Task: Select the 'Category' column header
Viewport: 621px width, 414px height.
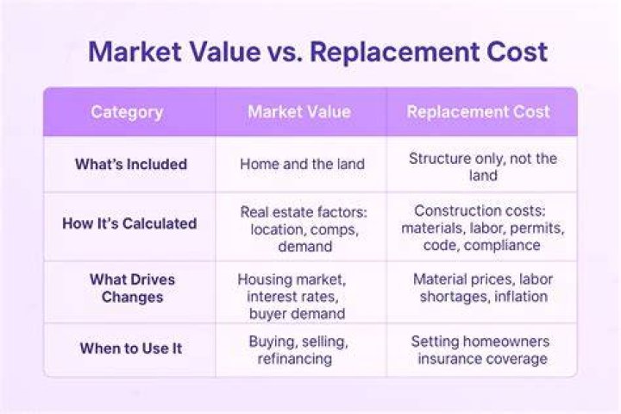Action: point(127,112)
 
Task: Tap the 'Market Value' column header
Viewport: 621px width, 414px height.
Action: point(299,112)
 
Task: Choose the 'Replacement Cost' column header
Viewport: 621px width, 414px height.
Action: point(479,112)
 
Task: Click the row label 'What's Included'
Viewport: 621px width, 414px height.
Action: point(131,164)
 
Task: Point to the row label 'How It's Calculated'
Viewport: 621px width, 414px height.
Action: point(129,223)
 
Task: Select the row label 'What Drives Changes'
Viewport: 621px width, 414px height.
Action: point(132,288)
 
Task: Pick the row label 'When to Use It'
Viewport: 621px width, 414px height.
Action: point(131,348)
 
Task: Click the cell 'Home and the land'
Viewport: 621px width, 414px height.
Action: point(302,164)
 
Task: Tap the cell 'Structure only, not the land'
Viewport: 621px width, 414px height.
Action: point(483,166)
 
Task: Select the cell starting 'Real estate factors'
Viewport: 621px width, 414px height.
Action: point(304,229)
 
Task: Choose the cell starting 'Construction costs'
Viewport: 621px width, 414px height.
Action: point(483,228)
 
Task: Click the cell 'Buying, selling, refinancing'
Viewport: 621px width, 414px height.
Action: point(298,350)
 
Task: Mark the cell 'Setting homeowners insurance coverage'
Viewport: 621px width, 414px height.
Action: point(480,350)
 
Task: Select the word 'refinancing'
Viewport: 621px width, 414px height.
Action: point(295,359)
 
